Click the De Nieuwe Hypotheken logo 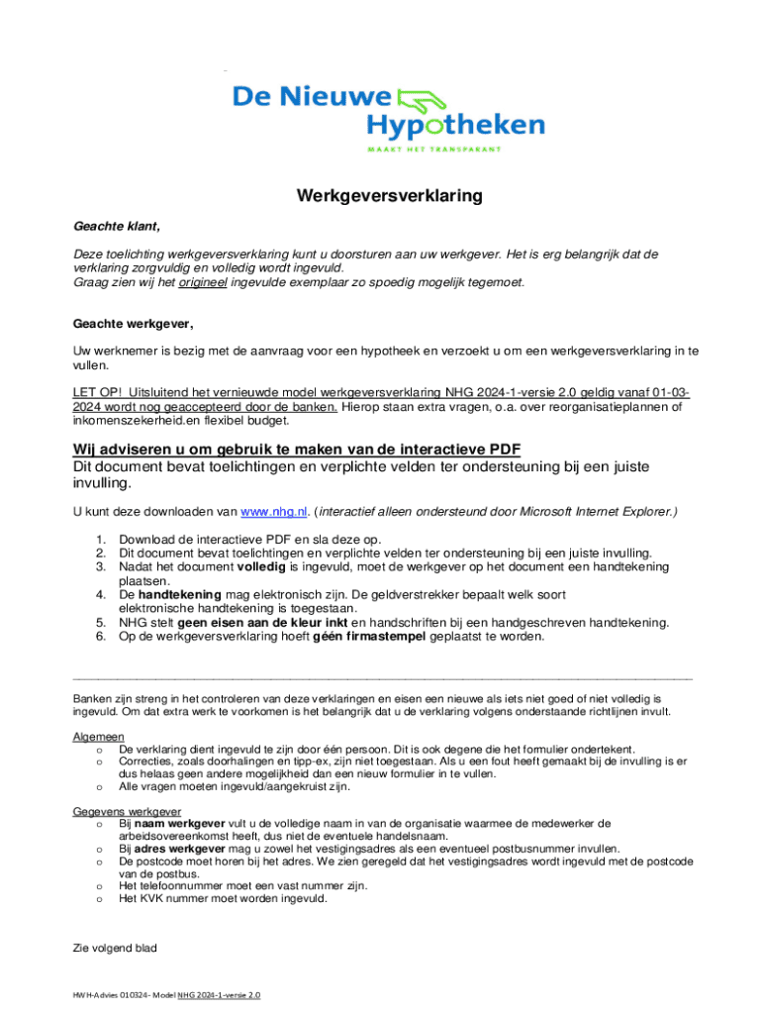pos(388,117)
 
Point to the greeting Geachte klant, pos(117,226)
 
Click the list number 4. pos(101,594)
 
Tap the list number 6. pos(101,637)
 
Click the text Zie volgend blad pos(115,948)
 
